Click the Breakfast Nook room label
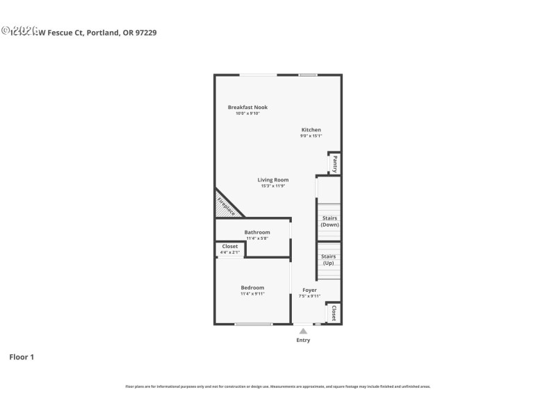point(247,107)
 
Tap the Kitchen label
point(311,130)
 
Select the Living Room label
point(273,180)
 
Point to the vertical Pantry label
point(334,164)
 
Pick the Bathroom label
point(257,232)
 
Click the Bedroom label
point(252,288)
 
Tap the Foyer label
point(309,290)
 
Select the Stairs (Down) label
point(329,222)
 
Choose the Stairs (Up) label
point(329,260)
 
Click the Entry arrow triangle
point(303,331)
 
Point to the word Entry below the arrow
point(303,340)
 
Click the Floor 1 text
point(22,357)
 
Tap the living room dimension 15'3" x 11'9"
point(273,186)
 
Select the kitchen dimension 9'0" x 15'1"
point(311,136)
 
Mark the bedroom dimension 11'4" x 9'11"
point(252,294)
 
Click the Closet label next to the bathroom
point(230,246)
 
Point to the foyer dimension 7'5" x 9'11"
point(309,296)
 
